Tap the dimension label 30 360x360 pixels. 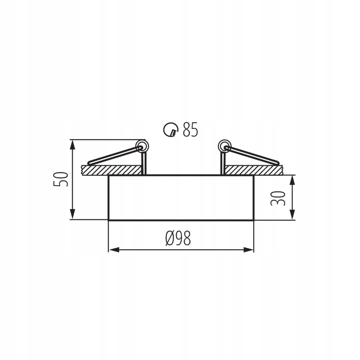click(x=277, y=198)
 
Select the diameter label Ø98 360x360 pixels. click(x=178, y=238)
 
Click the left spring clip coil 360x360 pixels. click(x=142, y=147)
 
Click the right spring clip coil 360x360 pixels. click(x=224, y=147)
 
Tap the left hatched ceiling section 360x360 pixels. click(x=111, y=170)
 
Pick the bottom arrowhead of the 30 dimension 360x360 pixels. click(x=292, y=215)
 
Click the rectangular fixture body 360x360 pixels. click(x=181, y=198)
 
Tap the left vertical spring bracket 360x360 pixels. click(x=143, y=163)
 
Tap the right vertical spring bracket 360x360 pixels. click(x=223, y=163)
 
